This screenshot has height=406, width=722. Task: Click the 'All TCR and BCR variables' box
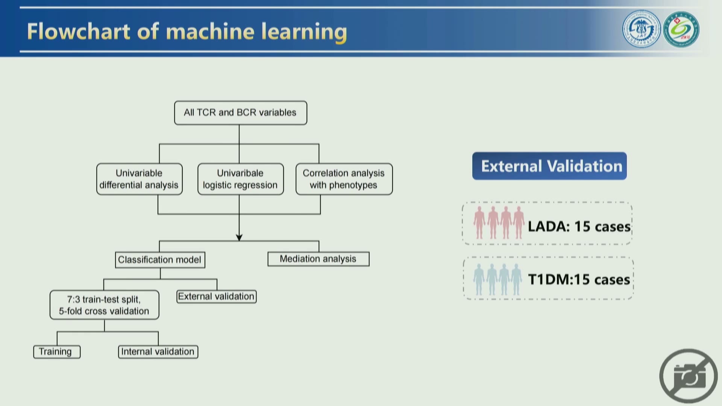pos(241,113)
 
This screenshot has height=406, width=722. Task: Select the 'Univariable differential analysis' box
pos(140,179)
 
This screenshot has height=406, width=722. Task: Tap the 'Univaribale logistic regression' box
pos(241,179)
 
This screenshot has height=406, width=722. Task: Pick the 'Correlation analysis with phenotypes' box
pos(344,179)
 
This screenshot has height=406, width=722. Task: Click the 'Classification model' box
pos(160,260)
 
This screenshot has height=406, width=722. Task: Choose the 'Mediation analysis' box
pos(319,259)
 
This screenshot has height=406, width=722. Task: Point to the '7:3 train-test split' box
pos(105,305)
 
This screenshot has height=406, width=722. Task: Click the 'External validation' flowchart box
pos(217,297)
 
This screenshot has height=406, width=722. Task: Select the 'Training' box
pos(57,352)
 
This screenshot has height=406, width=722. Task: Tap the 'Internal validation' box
pos(158,352)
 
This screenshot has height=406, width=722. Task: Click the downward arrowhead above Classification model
pos(239,238)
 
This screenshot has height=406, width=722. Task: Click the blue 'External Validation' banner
pos(549,166)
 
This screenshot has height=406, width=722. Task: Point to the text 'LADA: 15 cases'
pos(579,227)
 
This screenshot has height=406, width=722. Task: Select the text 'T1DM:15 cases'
pos(579,280)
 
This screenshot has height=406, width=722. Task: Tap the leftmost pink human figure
pos(479,223)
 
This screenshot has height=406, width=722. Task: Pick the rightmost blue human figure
pos(516,280)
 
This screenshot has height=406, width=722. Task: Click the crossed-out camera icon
pos(689,376)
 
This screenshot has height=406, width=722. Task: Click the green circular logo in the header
pos(681,29)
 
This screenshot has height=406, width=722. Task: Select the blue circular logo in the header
pos(642,29)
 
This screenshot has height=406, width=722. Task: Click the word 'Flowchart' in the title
pos(79,31)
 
